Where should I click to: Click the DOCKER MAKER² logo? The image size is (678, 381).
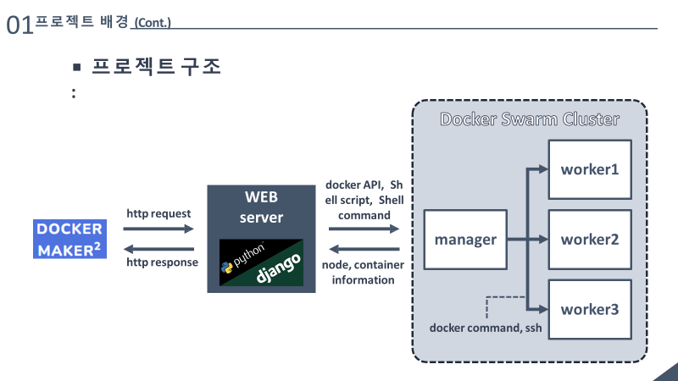point(71,239)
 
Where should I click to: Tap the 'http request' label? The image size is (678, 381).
point(158,213)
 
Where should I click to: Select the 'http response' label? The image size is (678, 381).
point(162,262)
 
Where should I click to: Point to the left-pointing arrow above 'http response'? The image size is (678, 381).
point(159,249)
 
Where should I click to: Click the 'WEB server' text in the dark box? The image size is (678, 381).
point(261,207)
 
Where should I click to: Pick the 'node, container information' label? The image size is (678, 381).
point(364,272)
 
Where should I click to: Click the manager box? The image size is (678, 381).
point(465,240)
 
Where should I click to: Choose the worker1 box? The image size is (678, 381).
point(589,168)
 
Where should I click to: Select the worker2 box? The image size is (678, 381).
point(589,239)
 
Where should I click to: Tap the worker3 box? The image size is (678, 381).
point(589,309)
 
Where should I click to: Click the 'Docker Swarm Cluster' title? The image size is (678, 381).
point(529,119)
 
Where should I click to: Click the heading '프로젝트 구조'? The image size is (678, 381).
point(157,67)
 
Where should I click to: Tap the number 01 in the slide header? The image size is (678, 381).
point(19,26)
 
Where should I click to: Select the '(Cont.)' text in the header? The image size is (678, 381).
point(153,23)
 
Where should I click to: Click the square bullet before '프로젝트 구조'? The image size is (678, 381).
point(76,67)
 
